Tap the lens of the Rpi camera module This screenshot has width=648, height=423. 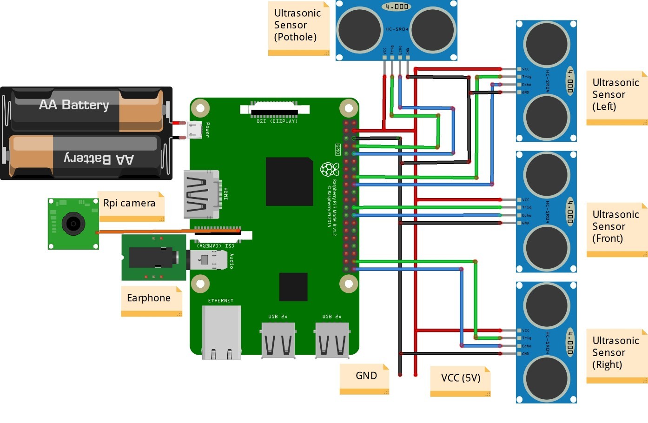pyautogui.click(x=73, y=224)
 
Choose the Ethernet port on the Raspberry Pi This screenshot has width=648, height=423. pyautogui.click(x=221, y=332)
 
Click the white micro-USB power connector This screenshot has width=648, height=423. pyautogui.click(x=194, y=130)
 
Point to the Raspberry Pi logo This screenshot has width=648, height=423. pyautogui.click(x=330, y=169)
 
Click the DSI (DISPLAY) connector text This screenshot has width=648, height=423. pyautogui.click(x=277, y=121)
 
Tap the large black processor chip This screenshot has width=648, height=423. pyautogui.click(x=289, y=181)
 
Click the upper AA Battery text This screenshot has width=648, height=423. pyautogui.click(x=74, y=105)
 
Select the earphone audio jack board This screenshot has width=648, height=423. pyautogui.click(x=153, y=258)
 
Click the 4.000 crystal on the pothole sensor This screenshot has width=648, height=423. pyautogui.click(x=396, y=7)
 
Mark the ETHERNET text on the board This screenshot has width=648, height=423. pyautogui.click(x=221, y=301)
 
